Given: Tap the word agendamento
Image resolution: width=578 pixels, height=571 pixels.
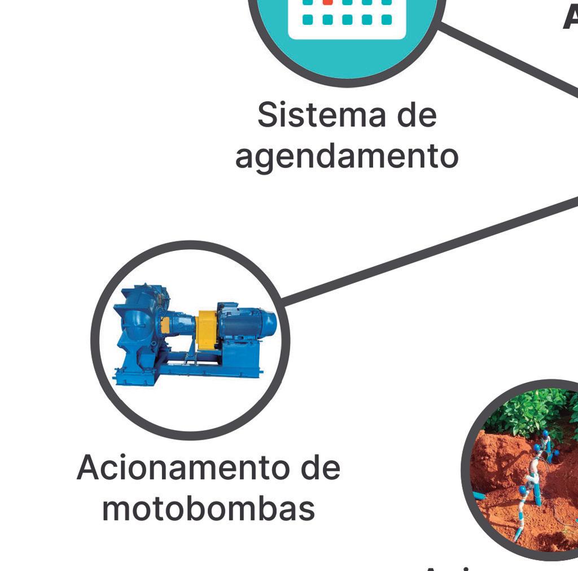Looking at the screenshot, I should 346,157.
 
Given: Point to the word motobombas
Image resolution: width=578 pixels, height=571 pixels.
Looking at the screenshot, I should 208,509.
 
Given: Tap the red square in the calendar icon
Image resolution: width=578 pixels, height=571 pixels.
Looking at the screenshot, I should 327,2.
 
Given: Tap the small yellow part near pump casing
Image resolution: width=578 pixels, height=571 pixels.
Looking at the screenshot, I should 165,325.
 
